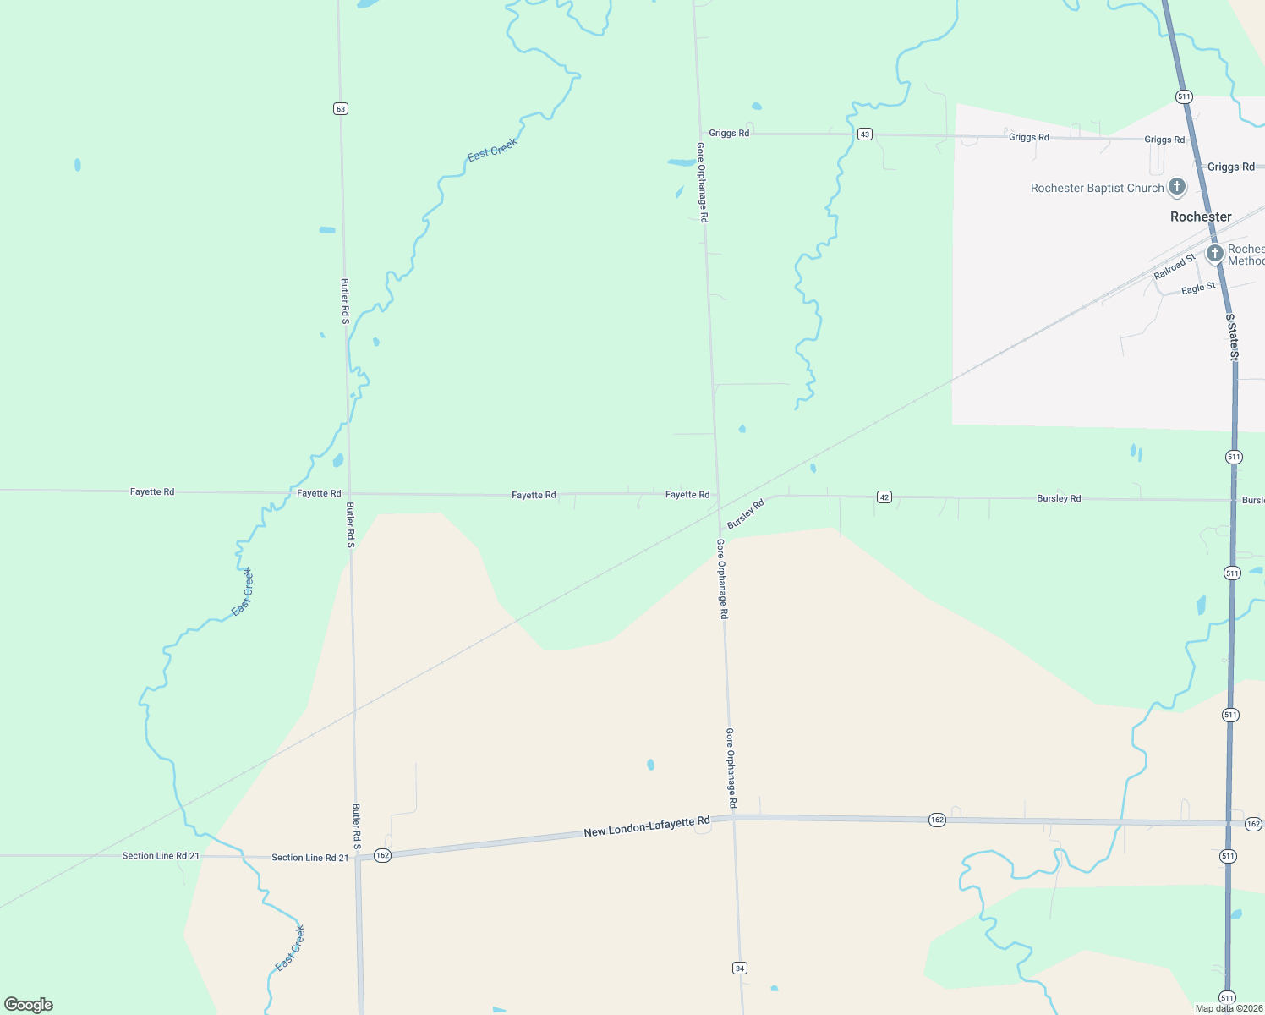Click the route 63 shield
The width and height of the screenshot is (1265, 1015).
[x=341, y=108]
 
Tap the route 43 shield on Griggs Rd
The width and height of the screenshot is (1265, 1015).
[x=864, y=134]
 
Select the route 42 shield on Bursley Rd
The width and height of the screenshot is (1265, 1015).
[x=884, y=497]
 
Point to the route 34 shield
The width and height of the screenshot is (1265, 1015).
[x=740, y=968]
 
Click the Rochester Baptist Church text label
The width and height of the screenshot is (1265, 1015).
[x=1097, y=188]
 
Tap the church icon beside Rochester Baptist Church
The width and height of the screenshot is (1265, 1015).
[x=1176, y=186]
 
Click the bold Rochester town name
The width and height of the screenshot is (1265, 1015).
[x=1201, y=217]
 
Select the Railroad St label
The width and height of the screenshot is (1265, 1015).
[x=1175, y=266]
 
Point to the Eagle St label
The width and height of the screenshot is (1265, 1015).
[x=1198, y=288]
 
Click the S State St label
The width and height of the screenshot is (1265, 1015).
[x=1232, y=337]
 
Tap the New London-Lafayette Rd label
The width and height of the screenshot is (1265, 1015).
[x=646, y=827]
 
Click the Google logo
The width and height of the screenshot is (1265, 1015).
[x=29, y=1004]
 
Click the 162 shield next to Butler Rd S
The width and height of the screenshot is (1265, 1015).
[x=382, y=855]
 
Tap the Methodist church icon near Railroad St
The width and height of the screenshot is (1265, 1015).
[x=1214, y=253]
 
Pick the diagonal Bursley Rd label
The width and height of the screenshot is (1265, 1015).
[x=746, y=513]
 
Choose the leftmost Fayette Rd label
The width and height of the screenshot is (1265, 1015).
[x=152, y=491]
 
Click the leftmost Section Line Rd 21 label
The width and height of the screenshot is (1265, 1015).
[x=161, y=856]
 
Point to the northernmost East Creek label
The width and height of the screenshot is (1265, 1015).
[x=492, y=150]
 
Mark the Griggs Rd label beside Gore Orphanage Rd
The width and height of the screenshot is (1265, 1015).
[x=729, y=133]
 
